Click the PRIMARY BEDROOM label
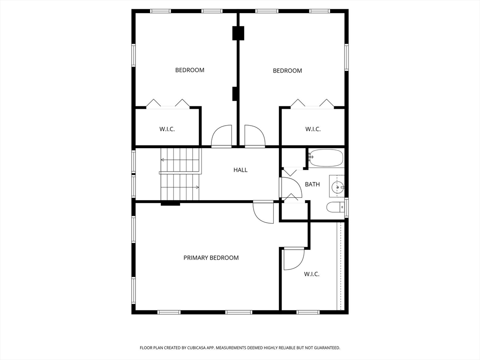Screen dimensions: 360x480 click(211, 258)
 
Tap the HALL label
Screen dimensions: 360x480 click(240, 170)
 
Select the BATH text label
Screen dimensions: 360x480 click(312, 184)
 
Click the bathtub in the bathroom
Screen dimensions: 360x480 click(326, 158)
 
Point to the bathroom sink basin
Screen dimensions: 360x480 click(337, 187)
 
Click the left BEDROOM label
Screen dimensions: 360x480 click(190, 70)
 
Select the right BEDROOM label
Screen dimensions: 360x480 click(287, 71)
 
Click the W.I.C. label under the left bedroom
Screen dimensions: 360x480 click(167, 129)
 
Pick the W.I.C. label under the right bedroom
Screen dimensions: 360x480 click(313, 129)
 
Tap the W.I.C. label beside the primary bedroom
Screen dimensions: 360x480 click(312, 274)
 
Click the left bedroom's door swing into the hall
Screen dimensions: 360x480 click(221, 136)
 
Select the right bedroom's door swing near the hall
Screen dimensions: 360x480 click(255, 136)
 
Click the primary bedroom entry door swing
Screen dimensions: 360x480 click(263, 213)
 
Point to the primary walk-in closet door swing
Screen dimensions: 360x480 click(293, 259)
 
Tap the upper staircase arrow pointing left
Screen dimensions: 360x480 click(164, 160)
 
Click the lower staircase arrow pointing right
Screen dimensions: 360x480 click(196, 187)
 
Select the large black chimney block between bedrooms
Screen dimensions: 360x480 click(238, 33)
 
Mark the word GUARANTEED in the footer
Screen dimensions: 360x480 click(324, 348)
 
